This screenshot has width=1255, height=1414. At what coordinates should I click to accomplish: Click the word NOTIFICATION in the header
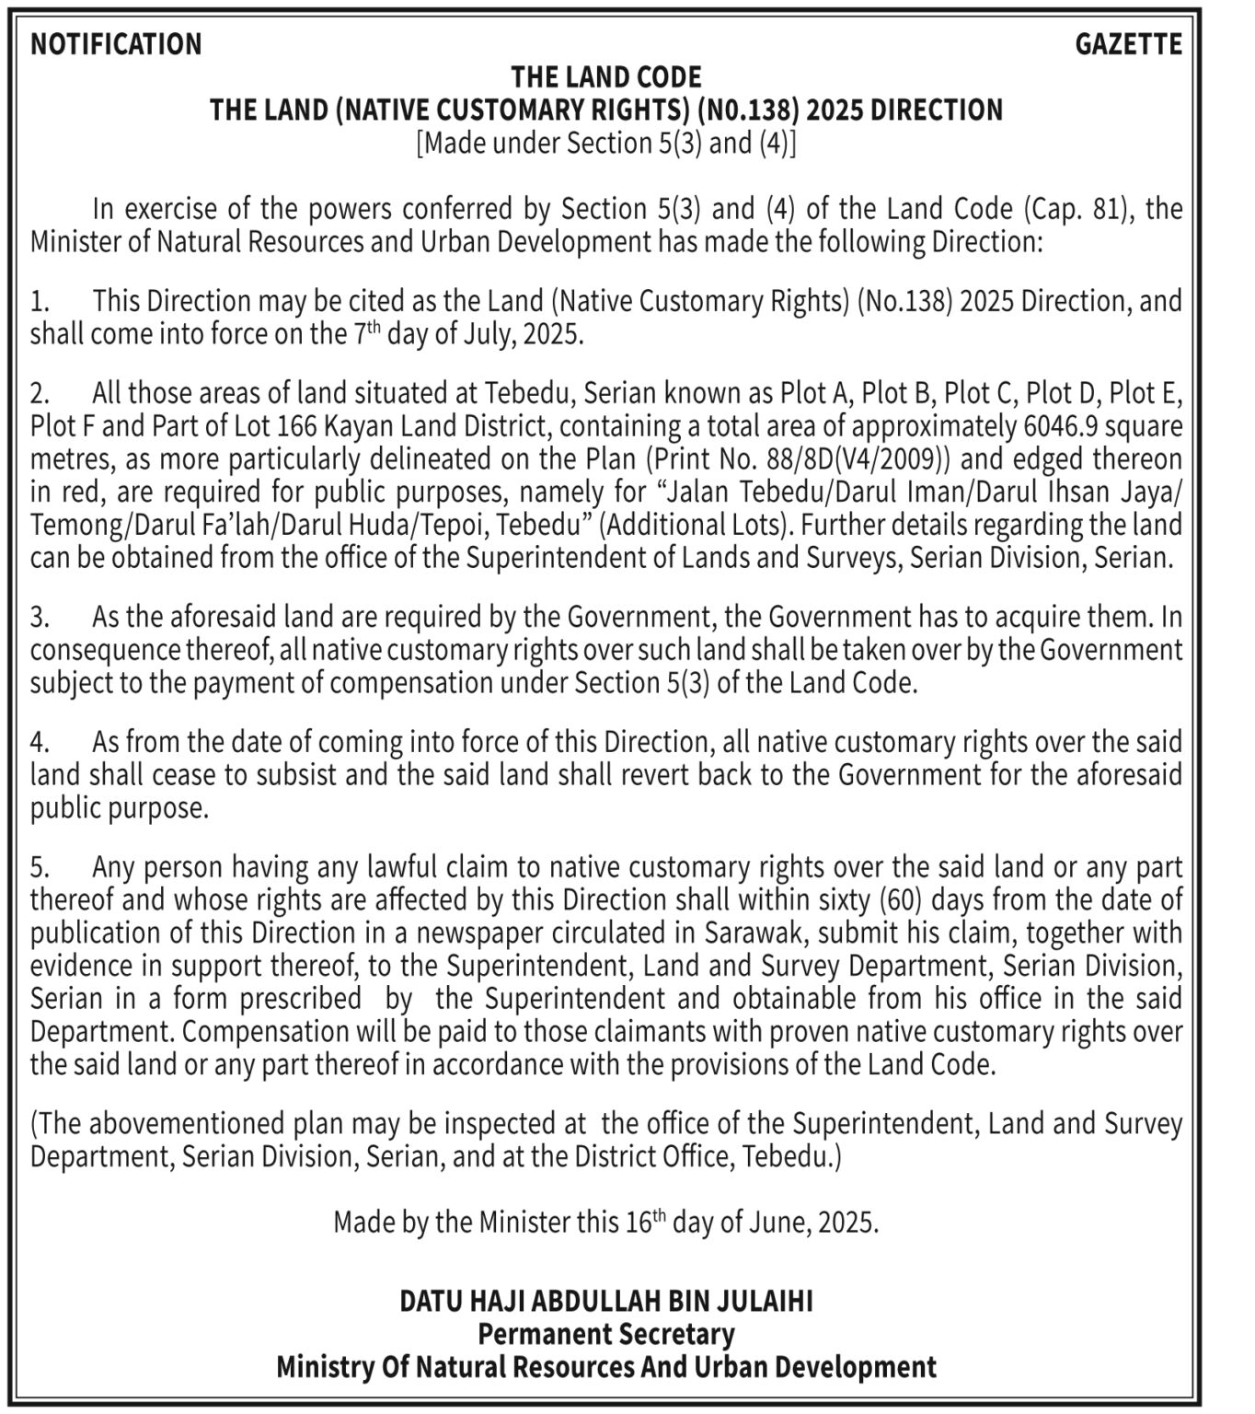coord(116,44)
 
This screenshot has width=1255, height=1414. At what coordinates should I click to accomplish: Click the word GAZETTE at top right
coord(1128,44)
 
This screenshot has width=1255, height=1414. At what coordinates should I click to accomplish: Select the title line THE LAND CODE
coord(606,76)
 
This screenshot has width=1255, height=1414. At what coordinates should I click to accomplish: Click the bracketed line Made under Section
coord(606,143)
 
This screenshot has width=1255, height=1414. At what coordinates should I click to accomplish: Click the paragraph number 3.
coord(39,616)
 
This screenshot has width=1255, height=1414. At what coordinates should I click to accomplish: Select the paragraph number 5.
coord(39,867)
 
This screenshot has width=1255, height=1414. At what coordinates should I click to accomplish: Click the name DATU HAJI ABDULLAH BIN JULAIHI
coord(606,1302)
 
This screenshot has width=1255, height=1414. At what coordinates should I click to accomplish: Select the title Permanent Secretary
coord(606,1334)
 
